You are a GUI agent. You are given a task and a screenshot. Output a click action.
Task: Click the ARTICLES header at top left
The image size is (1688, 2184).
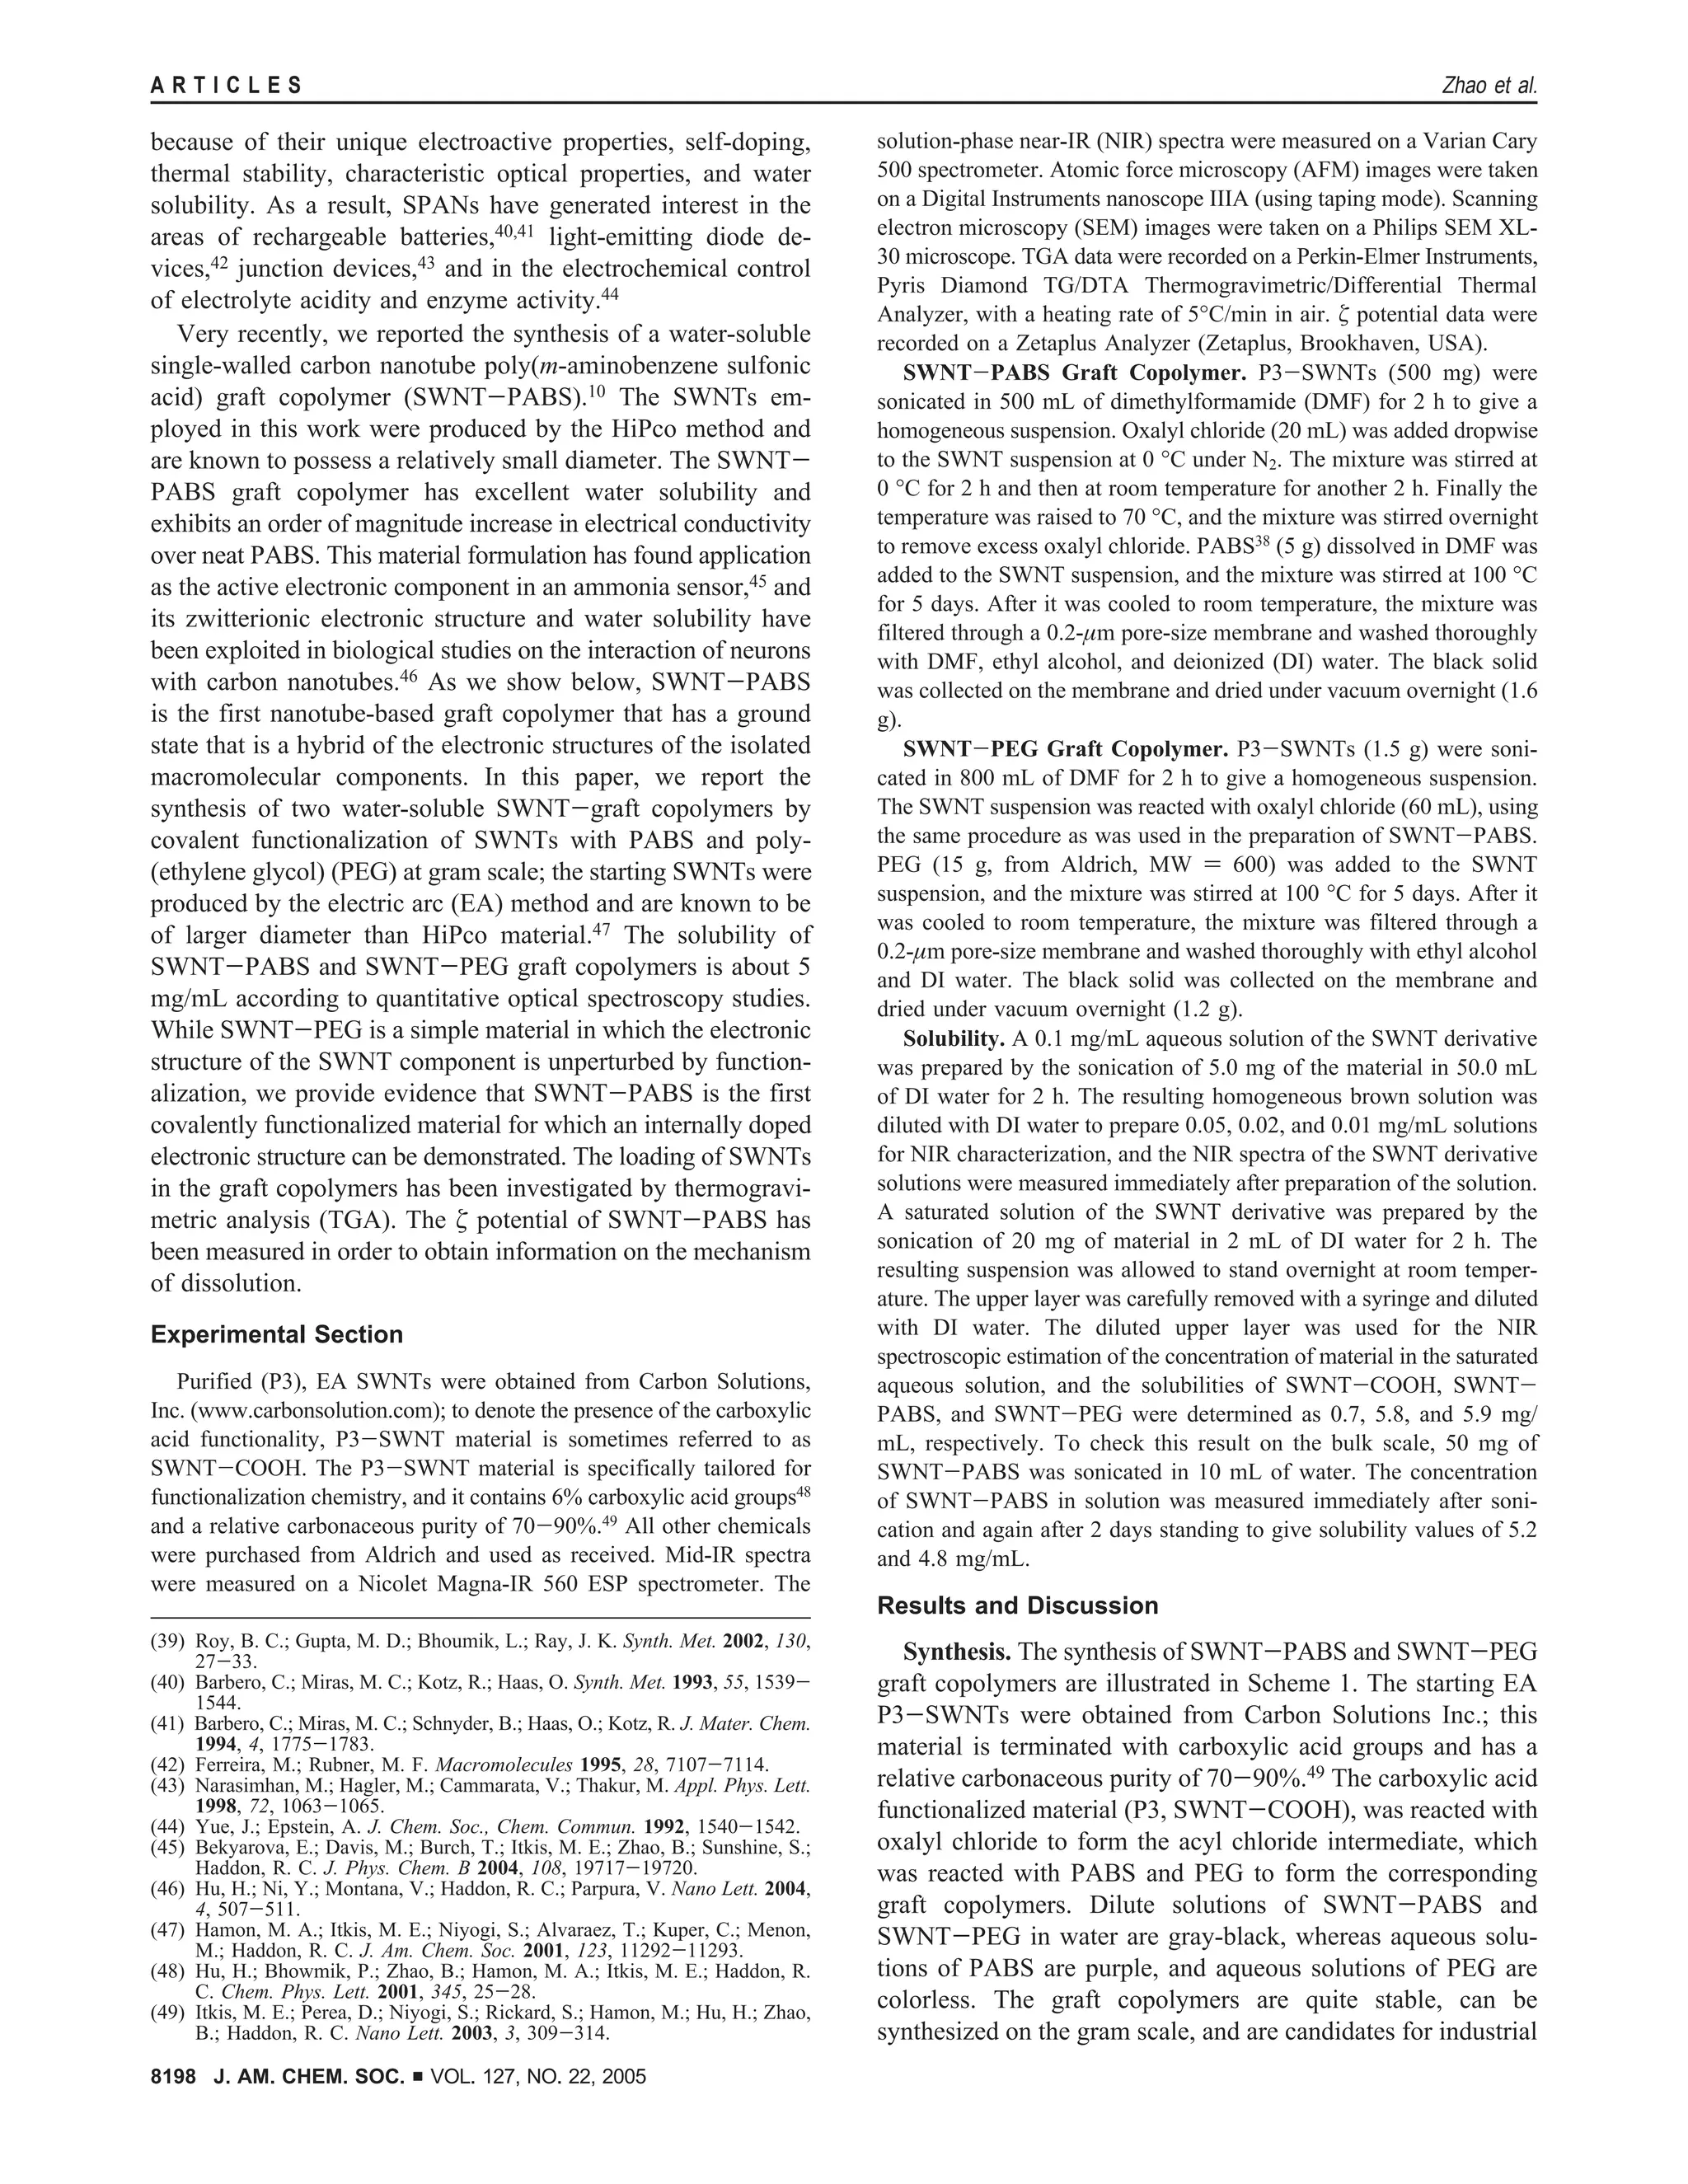pos(227,86)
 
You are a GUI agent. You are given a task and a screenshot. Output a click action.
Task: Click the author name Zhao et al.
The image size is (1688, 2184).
pos(1488,86)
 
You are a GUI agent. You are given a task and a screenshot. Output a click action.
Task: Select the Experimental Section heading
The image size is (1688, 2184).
pos(277,1335)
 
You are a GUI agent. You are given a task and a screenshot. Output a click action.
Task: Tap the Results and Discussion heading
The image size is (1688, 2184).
pos(1017,1606)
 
